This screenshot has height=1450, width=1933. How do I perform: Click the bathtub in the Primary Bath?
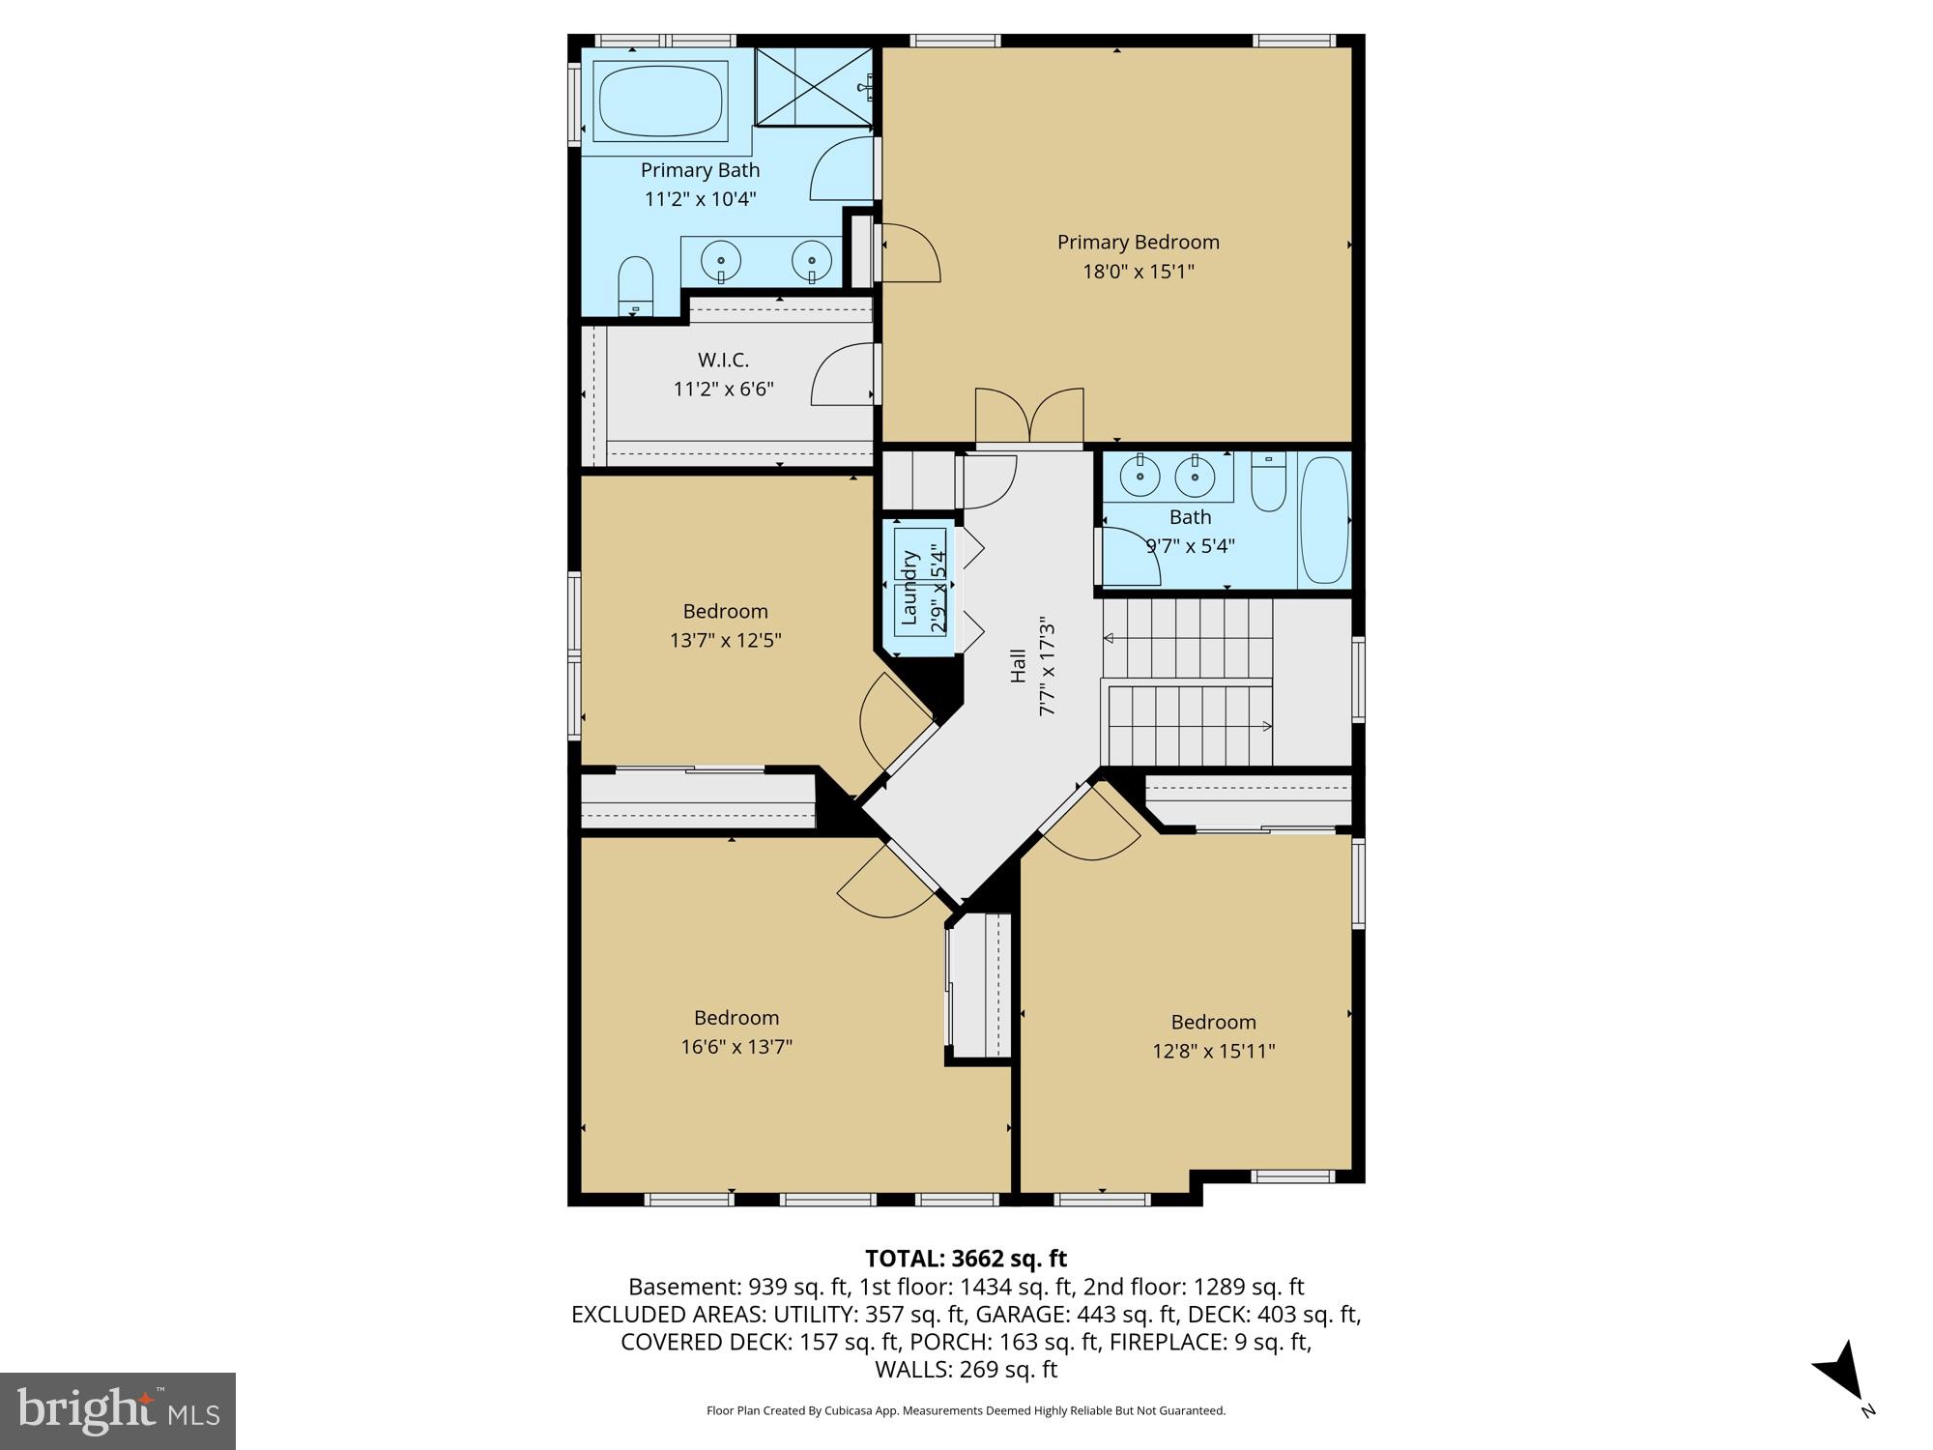click(661, 101)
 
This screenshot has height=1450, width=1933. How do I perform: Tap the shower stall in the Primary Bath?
click(814, 86)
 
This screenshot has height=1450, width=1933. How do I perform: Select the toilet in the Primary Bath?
click(635, 285)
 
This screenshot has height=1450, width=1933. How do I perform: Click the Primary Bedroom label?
click(1138, 242)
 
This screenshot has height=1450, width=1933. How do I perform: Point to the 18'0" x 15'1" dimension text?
click(1138, 272)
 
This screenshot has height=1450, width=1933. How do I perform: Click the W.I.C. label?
click(723, 360)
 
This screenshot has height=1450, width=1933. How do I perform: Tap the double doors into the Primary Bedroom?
click(1029, 418)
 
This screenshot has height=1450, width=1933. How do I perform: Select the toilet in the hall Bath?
click(1268, 483)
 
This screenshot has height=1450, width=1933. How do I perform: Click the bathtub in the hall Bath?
click(1323, 520)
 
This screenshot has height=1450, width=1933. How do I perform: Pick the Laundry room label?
click(909, 587)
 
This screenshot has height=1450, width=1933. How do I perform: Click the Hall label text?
click(1018, 665)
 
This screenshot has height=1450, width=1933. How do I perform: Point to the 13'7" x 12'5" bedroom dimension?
click(725, 640)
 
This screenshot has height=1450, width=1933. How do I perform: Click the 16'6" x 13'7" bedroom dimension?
click(736, 1047)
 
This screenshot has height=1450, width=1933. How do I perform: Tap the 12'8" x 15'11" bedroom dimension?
click(1213, 1051)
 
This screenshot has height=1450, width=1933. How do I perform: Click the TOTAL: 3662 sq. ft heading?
click(966, 1259)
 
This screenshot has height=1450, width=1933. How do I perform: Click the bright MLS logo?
click(117, 1410)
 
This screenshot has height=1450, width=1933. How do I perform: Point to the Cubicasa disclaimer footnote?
click(966, 1410)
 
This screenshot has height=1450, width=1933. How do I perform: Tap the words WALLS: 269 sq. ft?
click(966, 1369)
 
